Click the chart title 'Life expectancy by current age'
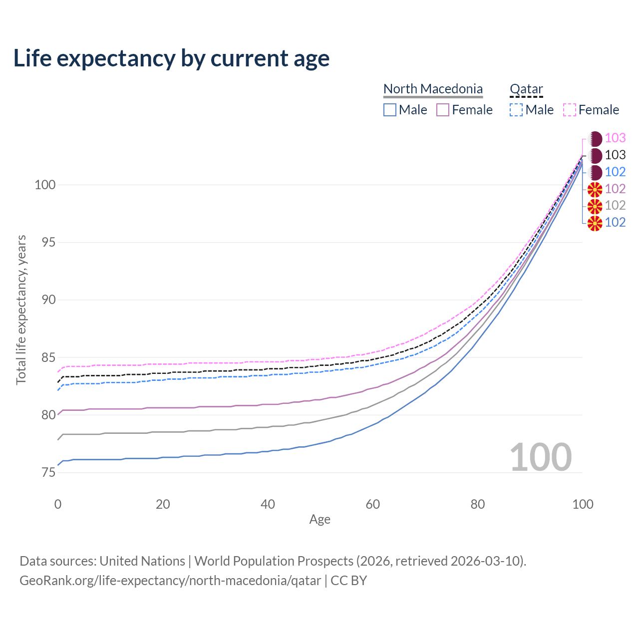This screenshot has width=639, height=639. [x=171, y=58]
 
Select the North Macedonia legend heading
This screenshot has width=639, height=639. [x=433, y=89]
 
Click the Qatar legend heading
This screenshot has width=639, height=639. [x=526, y=89]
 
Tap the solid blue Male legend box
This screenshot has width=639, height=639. [x=390, y=110]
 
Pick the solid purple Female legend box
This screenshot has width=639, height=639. [x=443, y=110]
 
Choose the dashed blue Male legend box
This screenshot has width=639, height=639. [x=516, y=110]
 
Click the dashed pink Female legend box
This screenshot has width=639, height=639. [x=570, y=110]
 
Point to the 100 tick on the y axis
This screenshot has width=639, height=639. [x=44, y=185]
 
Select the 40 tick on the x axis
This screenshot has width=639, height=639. [x=268, y=504]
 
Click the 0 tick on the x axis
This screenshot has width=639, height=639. [x=58, y=504]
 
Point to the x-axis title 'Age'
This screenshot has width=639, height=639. [x=319, y=520]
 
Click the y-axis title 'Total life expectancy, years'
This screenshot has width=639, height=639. [x=21, y=310]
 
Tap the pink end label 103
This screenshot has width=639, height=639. [x=615, y=138]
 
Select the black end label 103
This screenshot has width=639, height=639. [x=615, y=155]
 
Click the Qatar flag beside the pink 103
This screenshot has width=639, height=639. [x=595, y=139]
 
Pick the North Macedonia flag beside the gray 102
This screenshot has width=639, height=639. [x=595, y=206]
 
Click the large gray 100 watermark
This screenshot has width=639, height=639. [x=541, y=457]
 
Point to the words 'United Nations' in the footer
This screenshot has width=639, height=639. [x=142, y=561]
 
